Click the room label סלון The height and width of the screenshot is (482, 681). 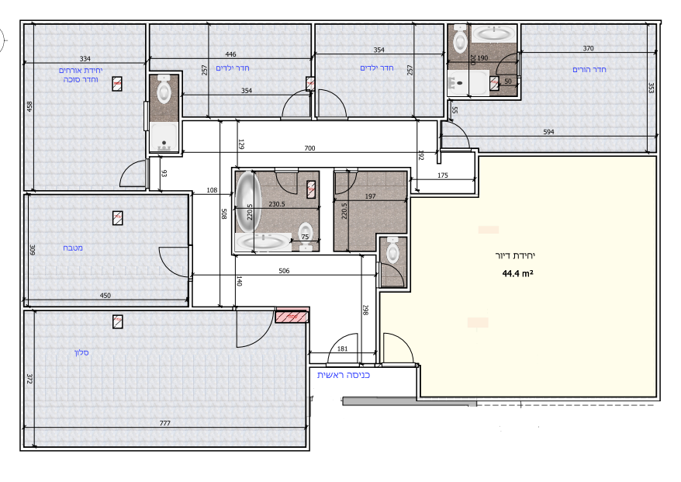[81, 352]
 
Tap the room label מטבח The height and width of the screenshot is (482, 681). [73, 248]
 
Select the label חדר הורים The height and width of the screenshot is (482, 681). [589, 70]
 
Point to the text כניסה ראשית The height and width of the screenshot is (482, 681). [344, 375]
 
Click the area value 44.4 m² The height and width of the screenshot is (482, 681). [517, 273]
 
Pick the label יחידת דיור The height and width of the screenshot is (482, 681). [515, 255]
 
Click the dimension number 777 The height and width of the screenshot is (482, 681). [165, 423]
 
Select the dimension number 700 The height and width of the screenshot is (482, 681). [309, 148]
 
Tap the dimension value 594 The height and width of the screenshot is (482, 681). [548, 132]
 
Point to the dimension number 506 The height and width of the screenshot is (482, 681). [284, 271]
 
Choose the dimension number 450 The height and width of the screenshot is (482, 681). [105, 296]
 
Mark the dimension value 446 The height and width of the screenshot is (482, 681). [230, 54]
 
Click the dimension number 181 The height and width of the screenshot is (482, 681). [342, 348]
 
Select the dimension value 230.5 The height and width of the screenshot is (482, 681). [277, 204]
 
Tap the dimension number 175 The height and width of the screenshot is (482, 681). [443, 175]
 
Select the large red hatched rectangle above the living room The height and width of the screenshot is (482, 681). [292, 316]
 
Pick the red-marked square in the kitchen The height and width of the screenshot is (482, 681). [117, 218]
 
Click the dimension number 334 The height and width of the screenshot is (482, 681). [85, 59]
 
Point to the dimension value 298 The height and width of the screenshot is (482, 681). [365, 310]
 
